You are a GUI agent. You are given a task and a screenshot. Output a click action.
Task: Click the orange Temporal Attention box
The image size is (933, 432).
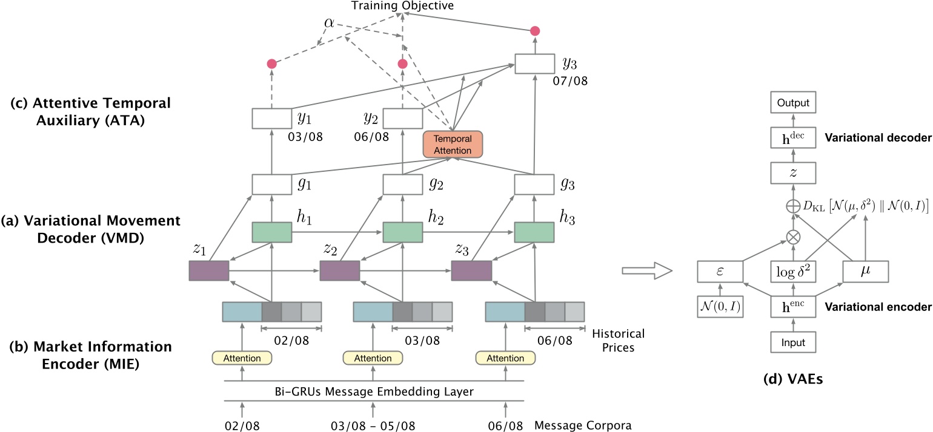(x=452, y=143)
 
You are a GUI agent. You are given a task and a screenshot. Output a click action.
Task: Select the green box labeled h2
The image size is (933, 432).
(x=403, y=215)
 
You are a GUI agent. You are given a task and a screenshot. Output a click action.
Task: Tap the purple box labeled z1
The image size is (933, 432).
(x=209, y=270)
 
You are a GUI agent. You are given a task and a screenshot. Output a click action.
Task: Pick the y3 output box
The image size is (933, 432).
(x=534, y=64)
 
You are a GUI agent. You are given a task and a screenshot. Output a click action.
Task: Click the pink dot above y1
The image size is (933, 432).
(x=271, y=64)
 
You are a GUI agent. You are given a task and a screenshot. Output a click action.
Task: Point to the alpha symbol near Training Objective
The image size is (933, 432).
(x=328, y=23)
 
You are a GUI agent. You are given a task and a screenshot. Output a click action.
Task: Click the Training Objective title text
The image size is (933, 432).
(x=402, y=6)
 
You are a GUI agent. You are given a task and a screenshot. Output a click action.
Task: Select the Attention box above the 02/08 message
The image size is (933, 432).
(x=242, y=358)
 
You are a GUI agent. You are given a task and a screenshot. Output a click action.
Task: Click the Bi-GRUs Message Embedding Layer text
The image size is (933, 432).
(x=374, y=391)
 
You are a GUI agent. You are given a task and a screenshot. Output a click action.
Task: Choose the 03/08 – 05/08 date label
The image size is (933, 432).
(x=374, y=425)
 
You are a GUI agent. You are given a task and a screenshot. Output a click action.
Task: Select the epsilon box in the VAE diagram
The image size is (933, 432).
(x=719, y=272)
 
